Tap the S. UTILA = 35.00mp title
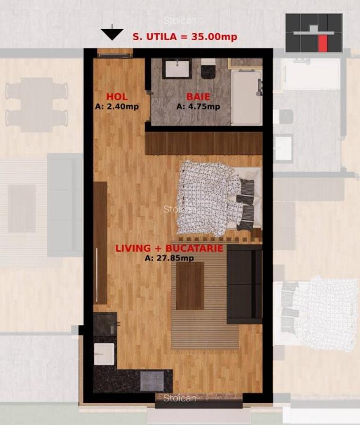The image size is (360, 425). (185, 36)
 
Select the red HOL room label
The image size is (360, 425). (117, 97)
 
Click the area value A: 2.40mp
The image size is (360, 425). (117, 106)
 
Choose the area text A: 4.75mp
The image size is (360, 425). (198, 106)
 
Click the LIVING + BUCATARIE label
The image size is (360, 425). (169, 248)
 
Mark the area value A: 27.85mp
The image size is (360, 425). (169, 258)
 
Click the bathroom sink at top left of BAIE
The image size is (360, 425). (177, 68)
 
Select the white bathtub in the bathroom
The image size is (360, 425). (246, 97)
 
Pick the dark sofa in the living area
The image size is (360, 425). (244, 284)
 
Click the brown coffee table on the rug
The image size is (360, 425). (190, 286)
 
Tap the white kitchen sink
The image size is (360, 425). (104, 353)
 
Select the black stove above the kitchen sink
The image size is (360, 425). (104, 324)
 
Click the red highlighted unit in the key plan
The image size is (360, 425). (323, 43)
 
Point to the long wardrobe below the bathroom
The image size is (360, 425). (203, 143)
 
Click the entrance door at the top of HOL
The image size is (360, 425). (115, 54)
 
